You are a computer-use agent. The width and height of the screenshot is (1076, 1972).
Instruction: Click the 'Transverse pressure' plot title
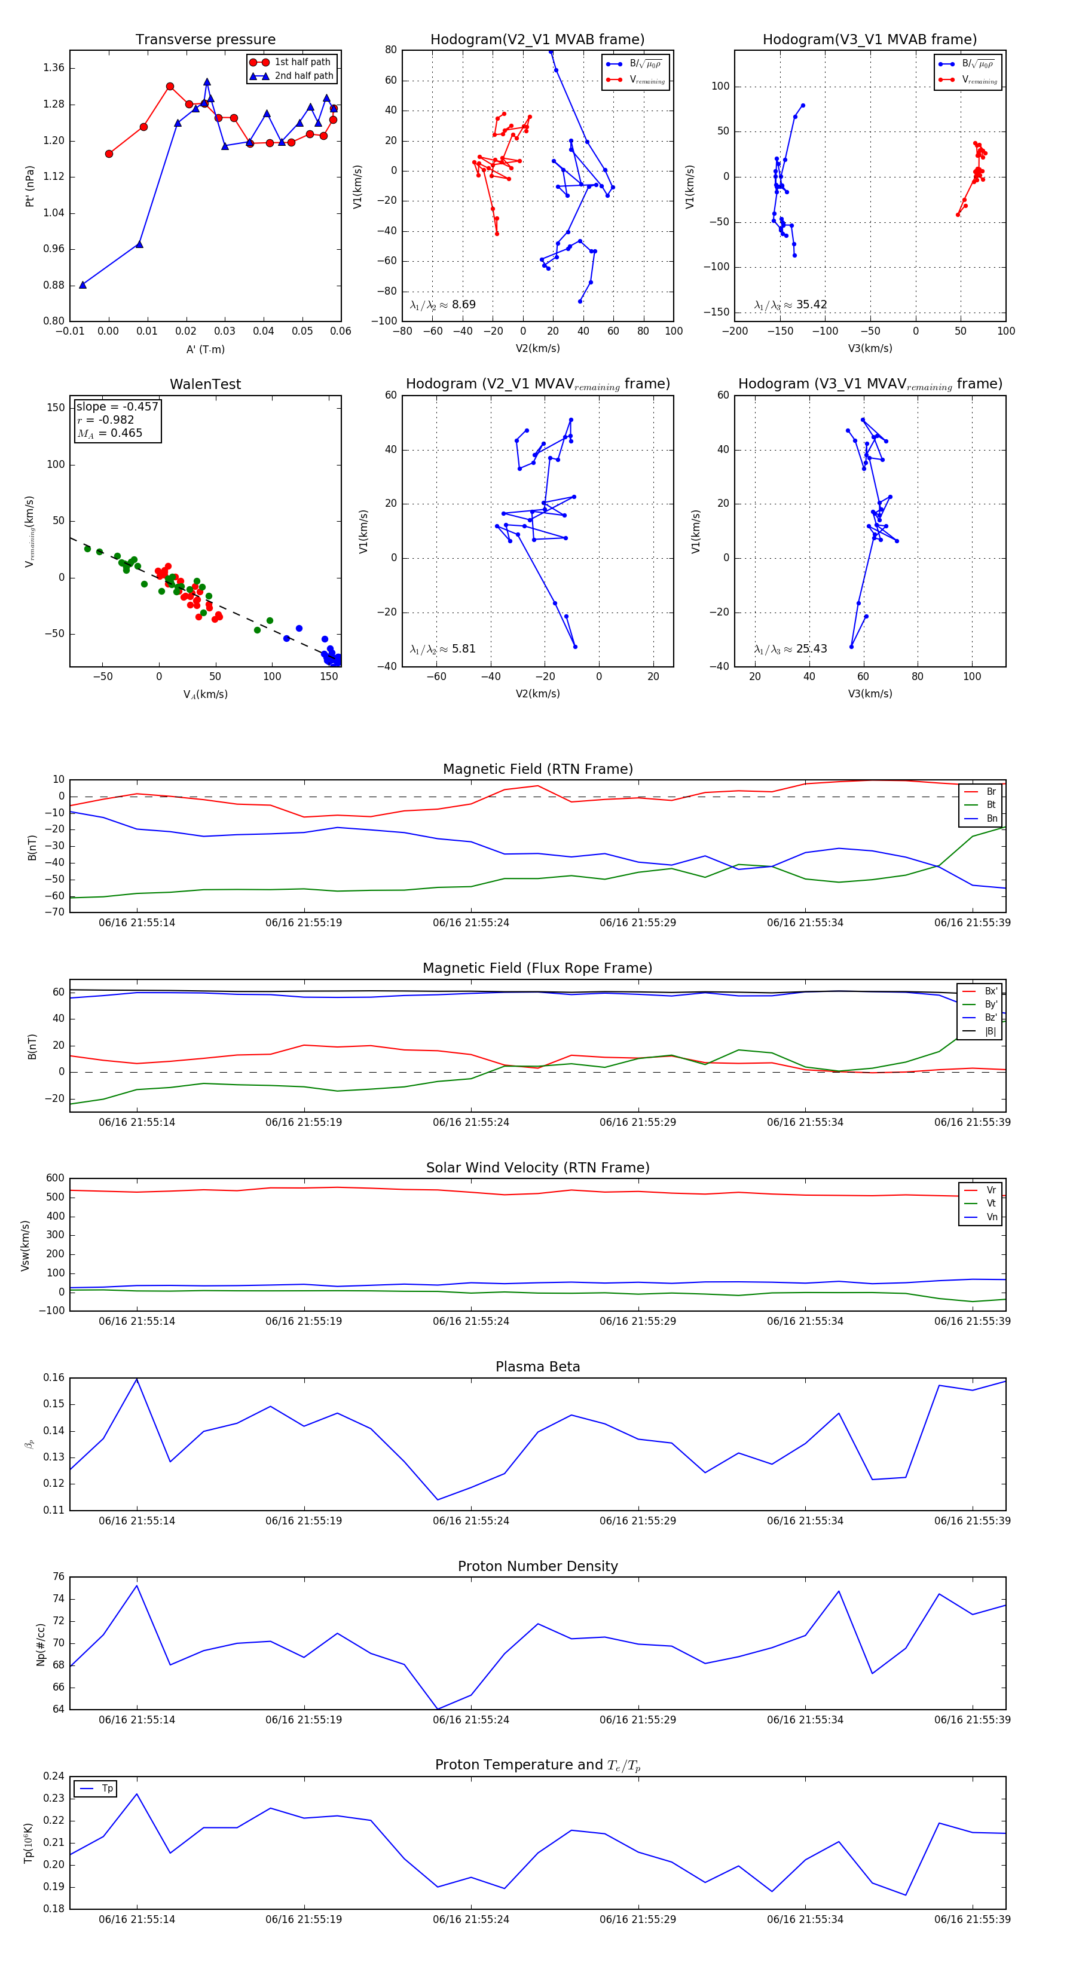pos(205,40)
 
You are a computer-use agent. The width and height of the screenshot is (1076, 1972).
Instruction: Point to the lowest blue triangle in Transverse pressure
pos(82,285)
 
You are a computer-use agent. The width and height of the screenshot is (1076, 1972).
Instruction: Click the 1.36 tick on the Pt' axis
pos(54,68)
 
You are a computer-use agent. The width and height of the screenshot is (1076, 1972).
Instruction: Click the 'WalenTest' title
pos(205,384)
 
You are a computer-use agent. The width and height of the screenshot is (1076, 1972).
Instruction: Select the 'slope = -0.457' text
pos(117,406)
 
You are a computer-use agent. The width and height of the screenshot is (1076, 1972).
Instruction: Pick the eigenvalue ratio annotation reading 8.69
pos(442,305)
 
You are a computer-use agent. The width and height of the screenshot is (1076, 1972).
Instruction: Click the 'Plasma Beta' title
pos(537,1367)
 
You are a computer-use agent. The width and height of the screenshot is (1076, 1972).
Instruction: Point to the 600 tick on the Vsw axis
pos(55,1178)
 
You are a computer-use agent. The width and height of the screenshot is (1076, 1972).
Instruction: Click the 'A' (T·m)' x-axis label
pos(205,349)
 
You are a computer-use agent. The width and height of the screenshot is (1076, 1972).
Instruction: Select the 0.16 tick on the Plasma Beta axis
pos(54,1378)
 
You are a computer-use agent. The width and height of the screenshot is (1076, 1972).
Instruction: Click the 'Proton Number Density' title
pos(537,1566)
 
